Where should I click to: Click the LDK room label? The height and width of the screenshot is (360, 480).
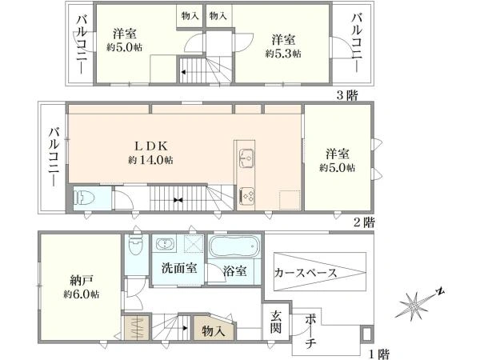(x=151, y=146)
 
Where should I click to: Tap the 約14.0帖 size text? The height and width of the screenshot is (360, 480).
(x=150, y=160)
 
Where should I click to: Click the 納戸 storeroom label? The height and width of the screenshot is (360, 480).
(x=82, y=281)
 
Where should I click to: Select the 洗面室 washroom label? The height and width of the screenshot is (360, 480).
(x=179, y=268)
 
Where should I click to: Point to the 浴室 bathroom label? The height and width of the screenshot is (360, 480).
(x=234, y=270)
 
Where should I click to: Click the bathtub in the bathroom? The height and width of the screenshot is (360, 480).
(x=234, y=246)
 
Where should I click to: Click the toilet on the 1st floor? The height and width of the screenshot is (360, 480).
(x=136, y=245)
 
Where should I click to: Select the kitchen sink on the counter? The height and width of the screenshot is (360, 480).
(x=246, y=158)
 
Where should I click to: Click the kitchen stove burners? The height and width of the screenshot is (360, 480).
(x=246, y=195)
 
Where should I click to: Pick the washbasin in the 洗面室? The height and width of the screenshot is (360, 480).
(x=166, y=244)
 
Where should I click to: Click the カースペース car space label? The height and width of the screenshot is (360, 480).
(x=306, y=272)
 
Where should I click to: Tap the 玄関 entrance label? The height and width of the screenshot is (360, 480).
(x=275, y=322)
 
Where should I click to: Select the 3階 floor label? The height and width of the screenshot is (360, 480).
(x=347, y=95)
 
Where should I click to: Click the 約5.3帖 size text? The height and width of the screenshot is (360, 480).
(x=283, y=54)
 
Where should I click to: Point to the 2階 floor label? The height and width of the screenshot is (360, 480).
(x=364, y=222)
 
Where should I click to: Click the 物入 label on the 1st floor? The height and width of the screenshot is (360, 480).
(x=214, y=331)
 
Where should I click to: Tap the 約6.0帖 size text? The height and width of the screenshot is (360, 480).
(x=81, y=294)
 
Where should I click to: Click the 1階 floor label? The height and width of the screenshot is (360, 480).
(x=379, y=354)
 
